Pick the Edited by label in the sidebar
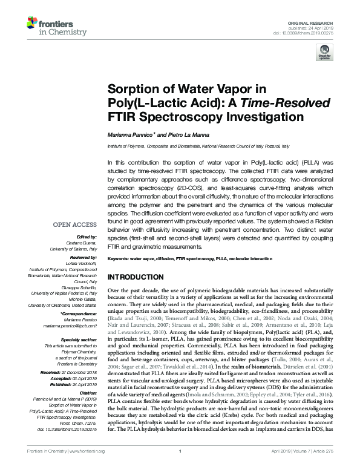click(87, 237)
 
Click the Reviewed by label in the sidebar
click(83, 257)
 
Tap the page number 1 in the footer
click(180, 468)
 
